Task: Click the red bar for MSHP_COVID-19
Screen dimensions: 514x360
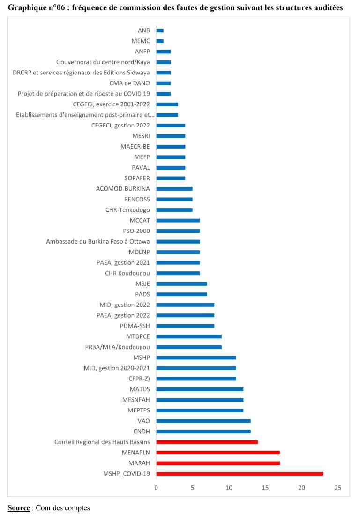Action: coord(240,474)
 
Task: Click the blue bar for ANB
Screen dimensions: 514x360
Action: coord(160,30)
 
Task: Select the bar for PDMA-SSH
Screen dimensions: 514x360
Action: coord(185,326)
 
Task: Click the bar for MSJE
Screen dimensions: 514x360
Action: coord(181,283)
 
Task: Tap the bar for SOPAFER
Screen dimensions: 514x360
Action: coord(171,178)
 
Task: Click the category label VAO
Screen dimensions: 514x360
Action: coord(144,421)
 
